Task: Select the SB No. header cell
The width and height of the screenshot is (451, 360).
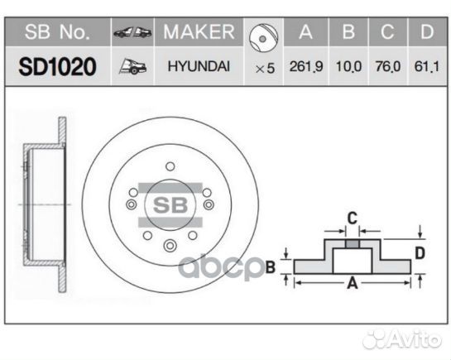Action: click(x=57, y=32)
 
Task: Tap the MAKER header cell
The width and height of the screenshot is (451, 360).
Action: click(x=199, y=32)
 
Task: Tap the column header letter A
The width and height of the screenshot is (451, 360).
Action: click(x=305, y=32)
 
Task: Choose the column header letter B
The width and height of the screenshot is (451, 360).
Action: click(x=348, y=32)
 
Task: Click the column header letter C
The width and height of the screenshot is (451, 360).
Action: click(x=387, y=32)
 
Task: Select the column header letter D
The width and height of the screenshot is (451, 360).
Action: click(x=425, y=32)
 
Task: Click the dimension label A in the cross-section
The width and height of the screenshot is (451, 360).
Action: click(x=351, y=283)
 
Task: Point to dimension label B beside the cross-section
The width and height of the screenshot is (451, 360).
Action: click(x=270, y=266)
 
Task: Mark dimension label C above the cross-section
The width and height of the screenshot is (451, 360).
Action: click(x=351, y=218)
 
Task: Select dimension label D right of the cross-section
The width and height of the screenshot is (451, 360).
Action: click(x=420, y=252)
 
